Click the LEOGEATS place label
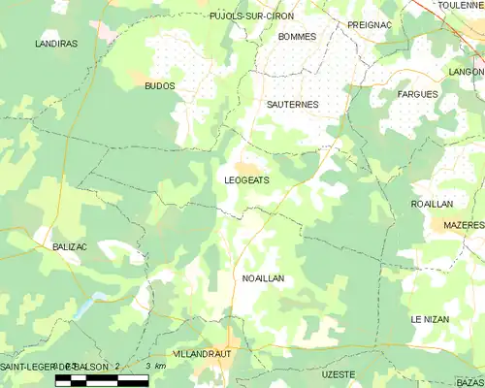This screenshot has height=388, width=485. click(x=246, y=180)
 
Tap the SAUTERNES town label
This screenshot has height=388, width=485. click(x=292, y=103)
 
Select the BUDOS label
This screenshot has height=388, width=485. click(x=159, y=86)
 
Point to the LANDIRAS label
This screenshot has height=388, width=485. click(x=55, y=45)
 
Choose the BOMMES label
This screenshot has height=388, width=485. click(x=297, y=37)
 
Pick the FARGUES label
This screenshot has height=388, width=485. click(x=418, y=94)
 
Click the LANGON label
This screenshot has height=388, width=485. click(x=467, y=72)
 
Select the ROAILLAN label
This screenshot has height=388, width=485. click(x=432, y=205)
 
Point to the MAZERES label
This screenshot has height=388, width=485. click(x=463, y=225)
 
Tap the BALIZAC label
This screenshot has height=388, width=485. click(x=69, y=247)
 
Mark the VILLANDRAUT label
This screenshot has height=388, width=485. click(x=201, y=355)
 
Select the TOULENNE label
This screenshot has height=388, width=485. click(x=461, y=6)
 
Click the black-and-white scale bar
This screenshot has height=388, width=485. click(x=102, y=379)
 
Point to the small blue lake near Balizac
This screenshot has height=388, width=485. click(x=85, y=308)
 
